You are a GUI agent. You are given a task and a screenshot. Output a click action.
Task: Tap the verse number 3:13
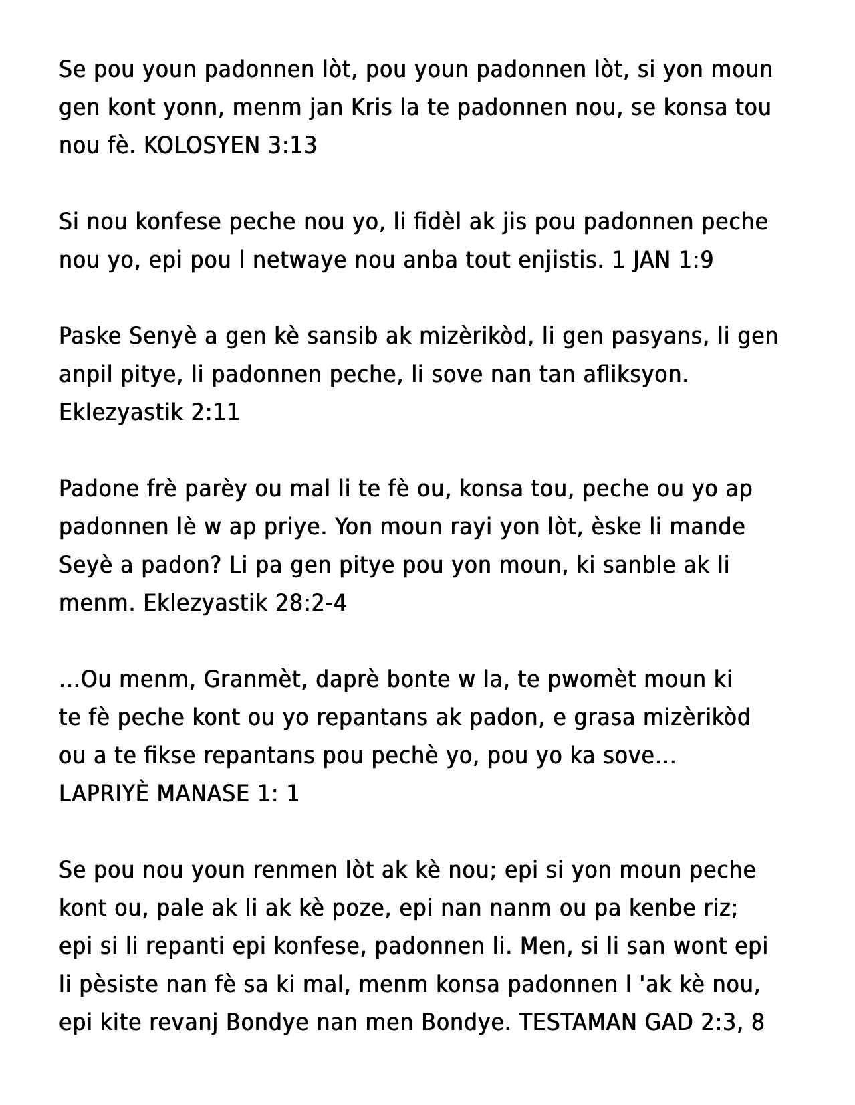point(292,146)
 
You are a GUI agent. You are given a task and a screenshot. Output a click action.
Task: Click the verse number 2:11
point(215,413)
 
